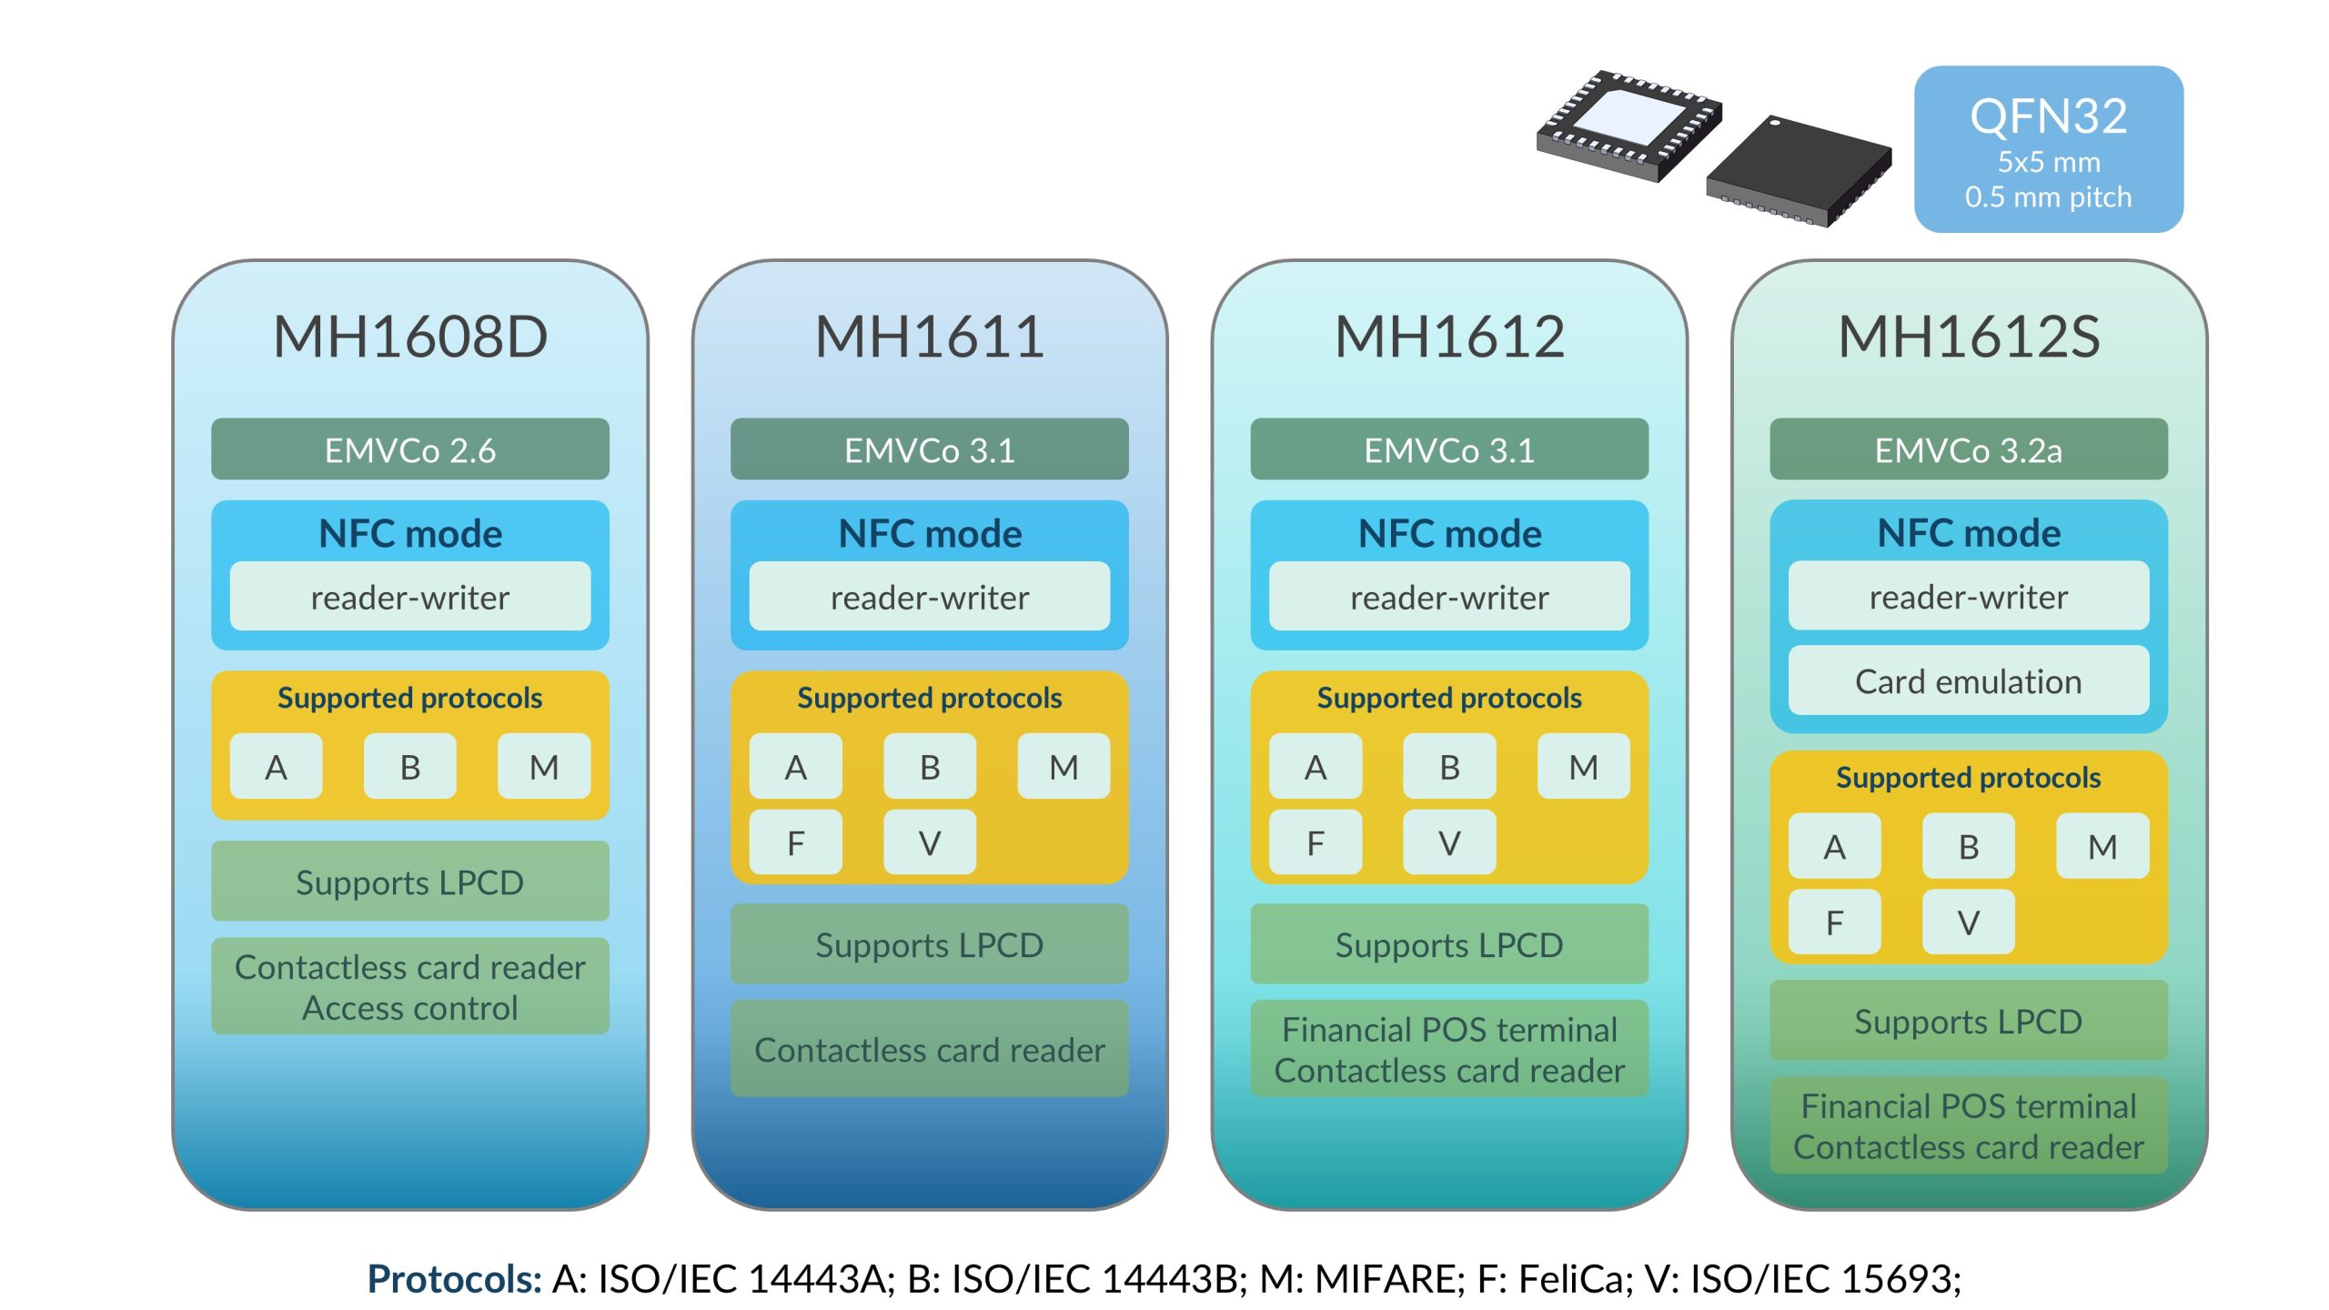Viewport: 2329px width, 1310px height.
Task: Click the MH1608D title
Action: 409,337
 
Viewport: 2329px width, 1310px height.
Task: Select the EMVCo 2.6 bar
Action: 409,449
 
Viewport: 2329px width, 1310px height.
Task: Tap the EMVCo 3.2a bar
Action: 1968,449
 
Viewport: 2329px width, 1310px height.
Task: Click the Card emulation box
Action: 1968,681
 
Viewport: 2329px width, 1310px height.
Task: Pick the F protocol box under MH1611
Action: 795,843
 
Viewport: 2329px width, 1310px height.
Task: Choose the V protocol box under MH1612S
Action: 1968,922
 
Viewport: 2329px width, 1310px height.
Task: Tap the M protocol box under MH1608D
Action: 543,767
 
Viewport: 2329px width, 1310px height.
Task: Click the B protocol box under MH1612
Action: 1448,767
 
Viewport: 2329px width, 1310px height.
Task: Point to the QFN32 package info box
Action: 2048,149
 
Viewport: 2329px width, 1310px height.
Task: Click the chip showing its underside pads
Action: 1628,126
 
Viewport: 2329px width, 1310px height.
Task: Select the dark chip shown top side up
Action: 1799,171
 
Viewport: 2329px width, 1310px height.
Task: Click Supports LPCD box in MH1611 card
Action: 929,944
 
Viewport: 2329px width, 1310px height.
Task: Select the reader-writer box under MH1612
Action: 1448,597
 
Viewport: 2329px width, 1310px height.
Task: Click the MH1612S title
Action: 1968,337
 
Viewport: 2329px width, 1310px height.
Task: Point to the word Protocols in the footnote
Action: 454,1278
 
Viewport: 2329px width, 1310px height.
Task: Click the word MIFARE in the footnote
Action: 1388,1278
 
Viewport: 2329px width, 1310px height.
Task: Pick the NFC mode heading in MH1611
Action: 929,533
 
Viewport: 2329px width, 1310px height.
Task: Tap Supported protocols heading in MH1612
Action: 1448,698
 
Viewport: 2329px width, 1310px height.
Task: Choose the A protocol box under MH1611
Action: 795,767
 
